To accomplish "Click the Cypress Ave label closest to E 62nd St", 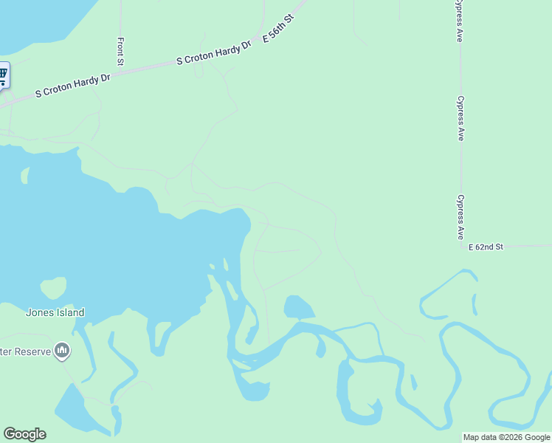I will click(x=460, y=217).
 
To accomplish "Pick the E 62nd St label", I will click(x=486, y=247).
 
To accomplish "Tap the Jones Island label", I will click(x=55, y=312).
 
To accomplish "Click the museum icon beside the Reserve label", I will click(x=62, y=351).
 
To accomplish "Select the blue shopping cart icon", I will click(x=2, y=74).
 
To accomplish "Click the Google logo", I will click(x=24, y=434).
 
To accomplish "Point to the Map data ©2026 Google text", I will click(x=507, y=437).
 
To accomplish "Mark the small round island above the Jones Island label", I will click(x=53, y=287).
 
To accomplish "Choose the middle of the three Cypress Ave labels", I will click(x=460, y=118).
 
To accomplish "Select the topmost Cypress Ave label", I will click(x=459, y=22).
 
